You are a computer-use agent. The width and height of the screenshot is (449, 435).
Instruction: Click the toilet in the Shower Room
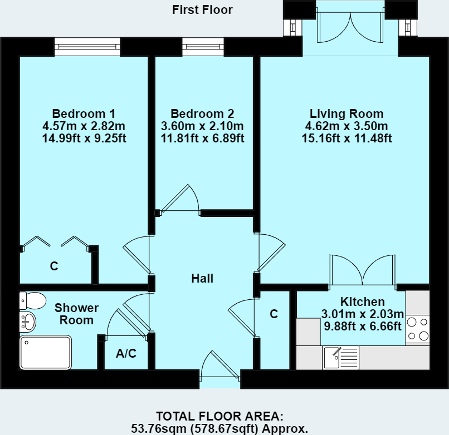pos(32,300)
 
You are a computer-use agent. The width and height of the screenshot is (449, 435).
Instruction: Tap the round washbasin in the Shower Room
pos(27,322)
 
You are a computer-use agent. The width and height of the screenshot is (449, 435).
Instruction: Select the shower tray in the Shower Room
pos(46,352)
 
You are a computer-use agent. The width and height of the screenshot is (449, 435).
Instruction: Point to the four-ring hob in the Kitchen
pos(418,329)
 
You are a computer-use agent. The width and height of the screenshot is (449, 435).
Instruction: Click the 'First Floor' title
pos(202,9)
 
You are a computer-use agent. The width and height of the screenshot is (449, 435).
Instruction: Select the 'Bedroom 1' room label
pos(84,113)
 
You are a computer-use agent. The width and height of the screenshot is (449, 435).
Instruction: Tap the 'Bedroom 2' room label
pos(202,113)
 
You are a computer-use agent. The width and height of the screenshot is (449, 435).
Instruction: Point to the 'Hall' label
pos(202,279)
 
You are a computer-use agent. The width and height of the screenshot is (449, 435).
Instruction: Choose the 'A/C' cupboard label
pos(126,353)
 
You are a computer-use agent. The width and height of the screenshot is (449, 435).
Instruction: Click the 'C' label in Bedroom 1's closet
pos(54,266)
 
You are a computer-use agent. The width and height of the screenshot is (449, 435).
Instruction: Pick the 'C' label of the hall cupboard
pos(274,314)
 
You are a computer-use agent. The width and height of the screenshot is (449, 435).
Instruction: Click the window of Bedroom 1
pos(87,47)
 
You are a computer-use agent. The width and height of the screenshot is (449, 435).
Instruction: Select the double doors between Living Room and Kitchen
pos(363,271)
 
